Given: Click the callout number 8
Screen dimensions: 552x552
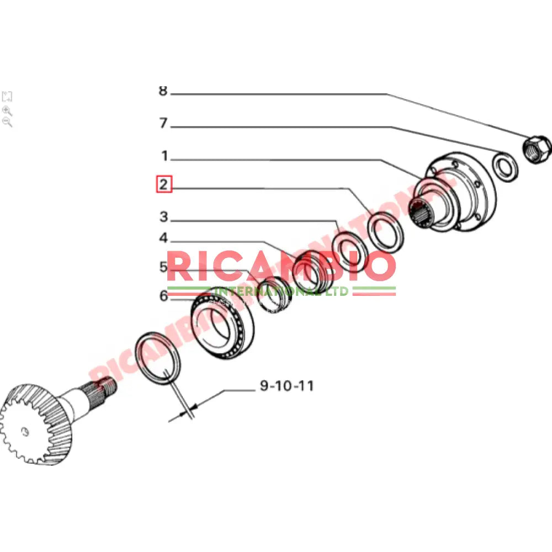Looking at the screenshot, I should pyautogui.click(x=162, y=91).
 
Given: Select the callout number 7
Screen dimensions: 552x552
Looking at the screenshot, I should pyautogui.click(x=163, y=123).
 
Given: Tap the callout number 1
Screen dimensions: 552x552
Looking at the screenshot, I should pyautogui.click(x=164, y=155).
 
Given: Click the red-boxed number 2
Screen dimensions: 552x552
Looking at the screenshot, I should pyautogui.click(x=163, y=184).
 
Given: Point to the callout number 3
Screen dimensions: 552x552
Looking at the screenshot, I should pyautogui.click(x=163, y=217).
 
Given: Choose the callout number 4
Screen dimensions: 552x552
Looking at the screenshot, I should pyautogui.click(x=163, y=238).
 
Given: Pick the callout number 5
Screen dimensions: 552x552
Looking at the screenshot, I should pyautogui.click(x=163, y=268).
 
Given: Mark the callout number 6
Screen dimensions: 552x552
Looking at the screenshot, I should pyautogui.click(x=163, y=296).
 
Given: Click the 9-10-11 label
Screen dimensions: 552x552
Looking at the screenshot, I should pyautogui.click(x=286, y=386).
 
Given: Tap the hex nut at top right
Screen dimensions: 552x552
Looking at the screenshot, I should pyautogui.click(x=536, y=148).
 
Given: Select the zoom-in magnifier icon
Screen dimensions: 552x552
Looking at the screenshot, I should pyautogui.click(x=7, y=110).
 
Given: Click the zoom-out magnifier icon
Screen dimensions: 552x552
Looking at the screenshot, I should pyautogui.click(x=7, y=122).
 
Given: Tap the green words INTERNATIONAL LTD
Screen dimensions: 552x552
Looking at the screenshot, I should pyautogui.click(x=282, y=291).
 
